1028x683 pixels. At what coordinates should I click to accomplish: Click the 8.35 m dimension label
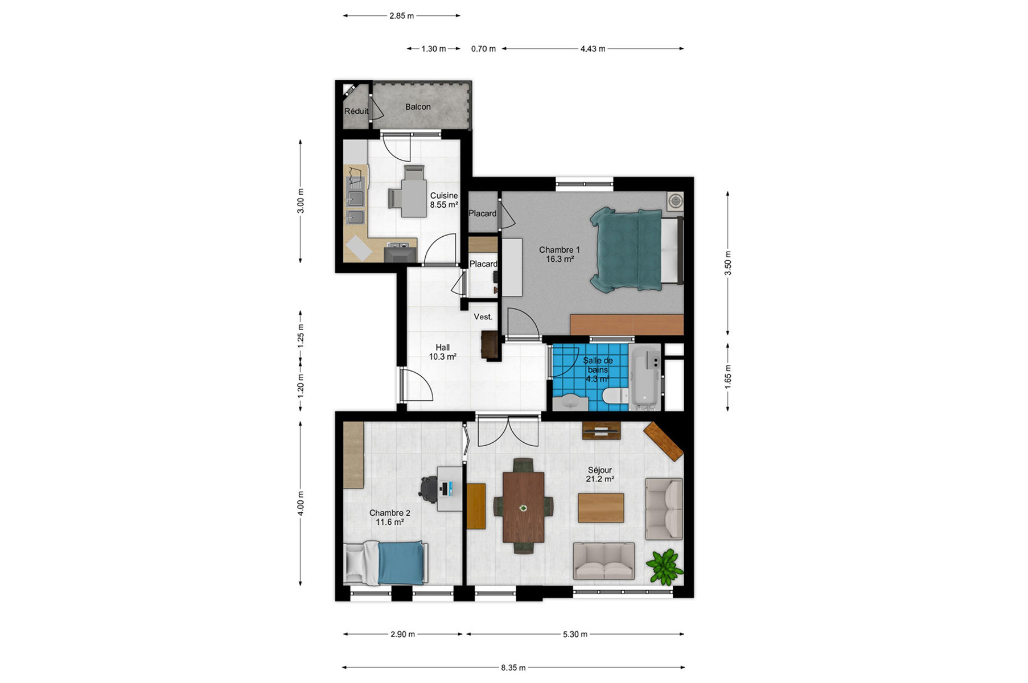513,668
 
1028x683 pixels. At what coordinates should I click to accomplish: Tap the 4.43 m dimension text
593,49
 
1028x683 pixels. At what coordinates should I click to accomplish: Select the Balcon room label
418,107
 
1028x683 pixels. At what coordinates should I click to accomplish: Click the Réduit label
356,111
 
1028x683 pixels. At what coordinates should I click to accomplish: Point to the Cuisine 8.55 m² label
444,200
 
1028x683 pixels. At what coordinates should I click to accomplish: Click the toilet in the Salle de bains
615,396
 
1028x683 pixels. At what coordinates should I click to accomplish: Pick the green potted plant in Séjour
664,567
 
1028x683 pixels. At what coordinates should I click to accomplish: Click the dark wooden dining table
523,507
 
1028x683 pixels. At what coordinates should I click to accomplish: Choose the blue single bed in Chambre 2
386,563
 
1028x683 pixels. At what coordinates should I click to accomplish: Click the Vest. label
483,317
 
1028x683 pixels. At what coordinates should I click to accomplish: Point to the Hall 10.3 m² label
443,352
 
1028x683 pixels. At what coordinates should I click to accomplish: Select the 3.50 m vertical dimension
728,264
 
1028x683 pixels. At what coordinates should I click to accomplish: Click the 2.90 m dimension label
402,634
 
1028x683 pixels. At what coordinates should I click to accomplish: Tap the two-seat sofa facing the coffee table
604,561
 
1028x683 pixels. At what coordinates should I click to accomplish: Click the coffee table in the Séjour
601,508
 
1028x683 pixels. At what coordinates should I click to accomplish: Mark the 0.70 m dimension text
483,49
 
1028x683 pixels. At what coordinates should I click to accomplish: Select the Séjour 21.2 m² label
600,475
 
